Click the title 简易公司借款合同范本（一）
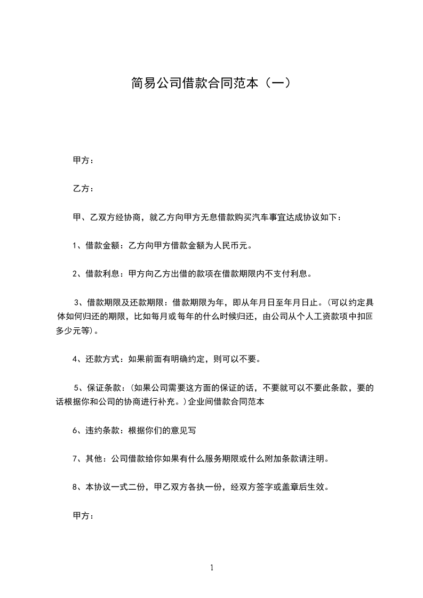(x=211, y=84)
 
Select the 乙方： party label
(x=83, y=189)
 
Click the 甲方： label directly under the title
(x=83, y=160)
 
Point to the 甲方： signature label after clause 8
(x=83, y=516)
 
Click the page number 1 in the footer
(x=212, y=568)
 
